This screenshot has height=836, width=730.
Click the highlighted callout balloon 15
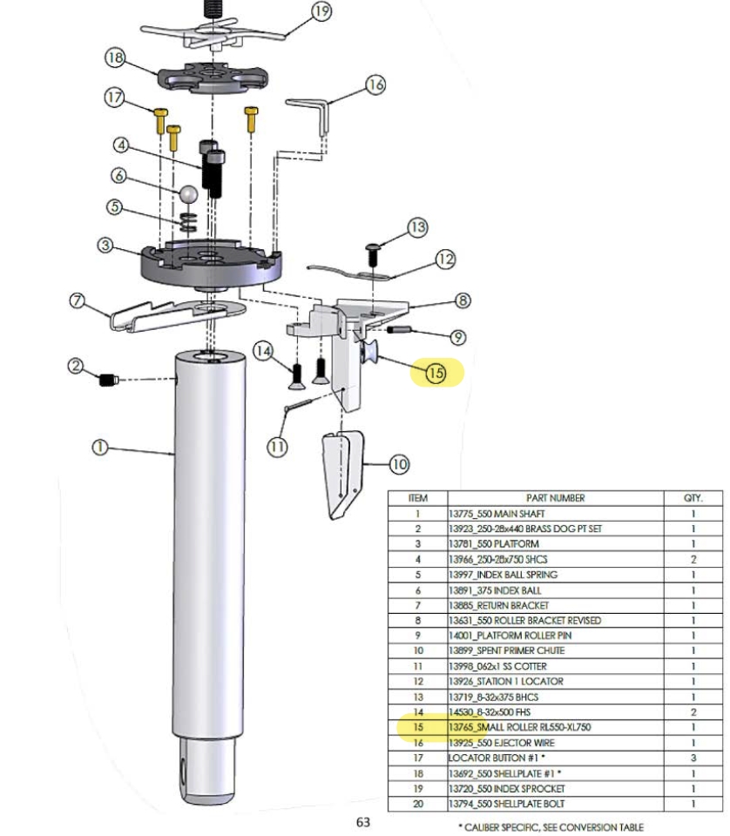click(436, 373)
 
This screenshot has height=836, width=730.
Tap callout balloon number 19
click(321, 11)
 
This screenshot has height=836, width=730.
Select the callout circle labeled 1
click(100, 447)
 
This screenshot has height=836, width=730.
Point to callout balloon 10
click(399, 464)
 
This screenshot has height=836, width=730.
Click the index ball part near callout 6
click(189, 193)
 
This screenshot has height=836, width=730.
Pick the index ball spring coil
click(187, 222)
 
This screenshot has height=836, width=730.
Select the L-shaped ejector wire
click(312, 113)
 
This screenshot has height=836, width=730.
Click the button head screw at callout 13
click(373, 254)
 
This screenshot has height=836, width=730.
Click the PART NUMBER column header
click(555, 498)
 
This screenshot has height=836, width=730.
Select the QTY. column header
click(693, 498)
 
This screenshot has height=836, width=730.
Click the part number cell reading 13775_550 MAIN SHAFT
click(497, 514)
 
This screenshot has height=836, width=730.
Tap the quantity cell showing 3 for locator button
click(693, 758)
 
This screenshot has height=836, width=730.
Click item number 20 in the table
click(418, 804)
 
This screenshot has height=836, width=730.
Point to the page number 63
click(363, 822)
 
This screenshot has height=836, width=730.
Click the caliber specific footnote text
click(551, 827)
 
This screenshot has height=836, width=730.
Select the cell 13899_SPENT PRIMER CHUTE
click(507, 651)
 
